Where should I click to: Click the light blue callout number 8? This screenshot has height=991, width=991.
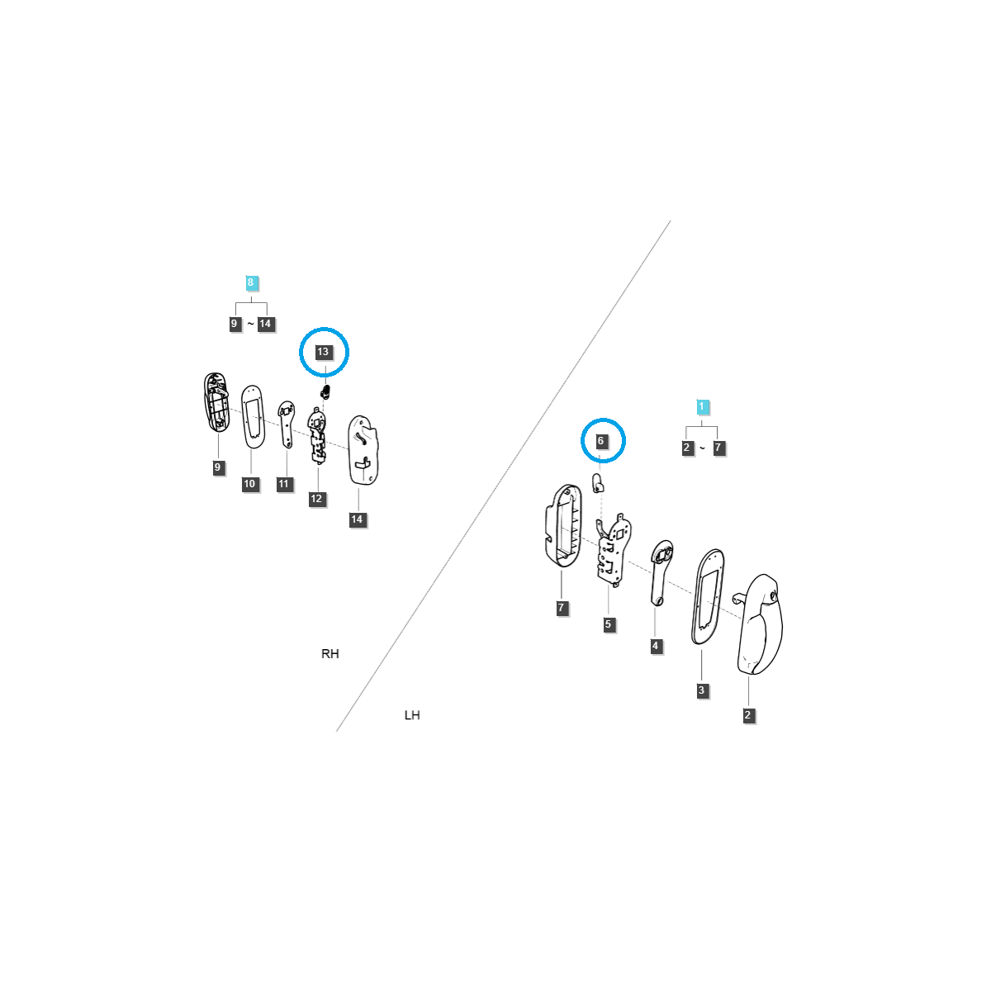coord(250,282)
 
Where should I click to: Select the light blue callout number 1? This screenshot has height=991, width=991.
coord(701,406)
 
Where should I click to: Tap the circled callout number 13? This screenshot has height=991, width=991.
coord(323,352)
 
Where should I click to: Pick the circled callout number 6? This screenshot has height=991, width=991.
coord(600,441)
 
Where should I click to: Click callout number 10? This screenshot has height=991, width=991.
coord(250,483)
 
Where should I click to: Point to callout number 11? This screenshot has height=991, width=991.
coord(284,484)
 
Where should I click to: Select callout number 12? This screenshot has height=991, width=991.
coord(317,498)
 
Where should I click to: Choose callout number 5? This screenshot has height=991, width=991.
coord(609,624)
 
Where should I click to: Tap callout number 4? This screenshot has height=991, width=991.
coord(655,646)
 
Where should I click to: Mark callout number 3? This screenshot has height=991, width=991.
coord(701,690)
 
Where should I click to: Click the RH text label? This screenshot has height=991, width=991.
coord(330,653)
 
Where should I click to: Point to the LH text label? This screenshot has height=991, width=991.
coord(412,715)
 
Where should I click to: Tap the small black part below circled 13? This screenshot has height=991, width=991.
coord(325,392)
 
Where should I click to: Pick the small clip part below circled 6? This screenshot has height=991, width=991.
coord(598,483)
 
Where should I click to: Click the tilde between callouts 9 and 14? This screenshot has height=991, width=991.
coord(250,324)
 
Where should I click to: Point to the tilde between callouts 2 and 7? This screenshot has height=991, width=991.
coord(703,448)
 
